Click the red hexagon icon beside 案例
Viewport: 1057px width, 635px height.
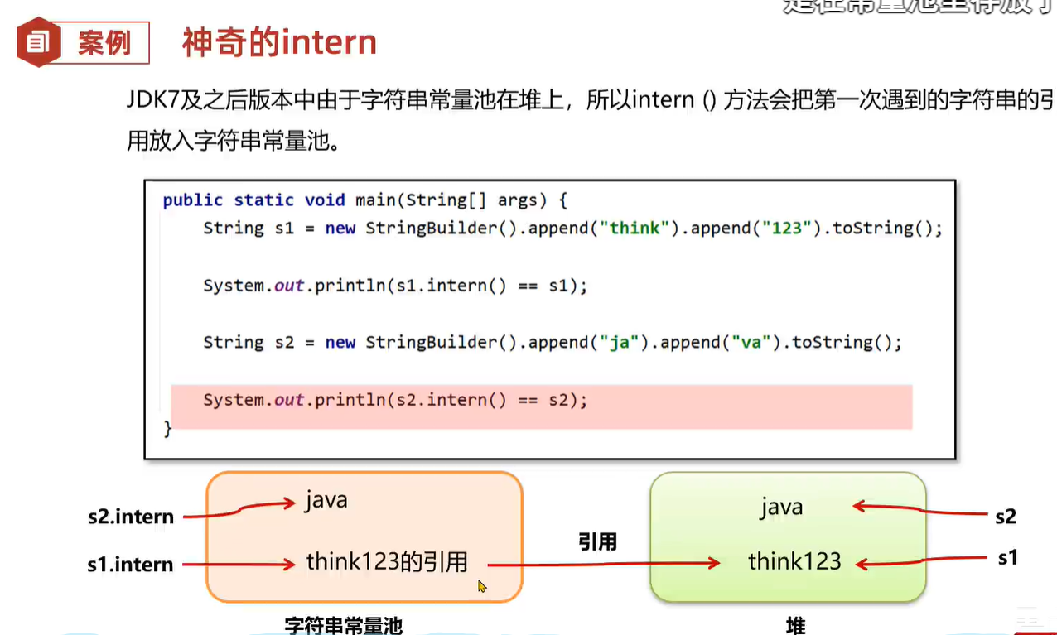(39, 42)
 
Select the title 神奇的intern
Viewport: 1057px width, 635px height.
(279, 42)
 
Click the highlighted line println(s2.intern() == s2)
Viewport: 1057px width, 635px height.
(395, 400)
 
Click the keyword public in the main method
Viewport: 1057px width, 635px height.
(193, 200)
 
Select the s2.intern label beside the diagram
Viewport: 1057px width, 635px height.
(131, 517)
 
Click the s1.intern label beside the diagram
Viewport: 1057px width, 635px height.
(131, 565)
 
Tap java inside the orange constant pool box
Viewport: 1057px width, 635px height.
(326, 501)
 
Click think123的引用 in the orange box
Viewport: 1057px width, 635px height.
(387, 563)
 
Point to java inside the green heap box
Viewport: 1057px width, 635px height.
(781, 507)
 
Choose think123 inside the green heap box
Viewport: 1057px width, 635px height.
(794, 562)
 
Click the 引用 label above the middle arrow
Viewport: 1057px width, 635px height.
(597, 542)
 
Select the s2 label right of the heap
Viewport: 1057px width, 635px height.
(1005, 517)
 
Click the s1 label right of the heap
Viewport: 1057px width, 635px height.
(1006, 559)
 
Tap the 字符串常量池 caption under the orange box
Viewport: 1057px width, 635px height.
(344, 626)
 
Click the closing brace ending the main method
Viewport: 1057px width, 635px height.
(168, 429)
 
